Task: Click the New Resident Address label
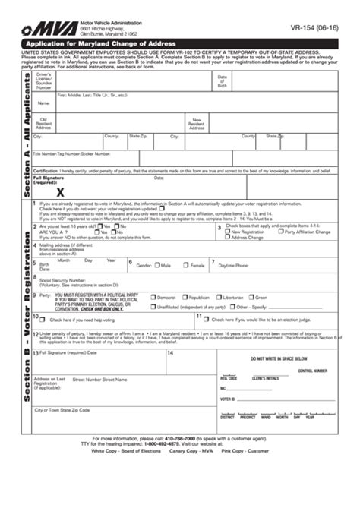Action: point(197,123)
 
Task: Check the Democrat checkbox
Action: point(153,298)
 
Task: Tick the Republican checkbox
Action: point(186,298)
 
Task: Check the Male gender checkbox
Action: point(156,266)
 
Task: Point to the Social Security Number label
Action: point(63,279)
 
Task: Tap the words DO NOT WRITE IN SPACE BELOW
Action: point(279,358)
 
